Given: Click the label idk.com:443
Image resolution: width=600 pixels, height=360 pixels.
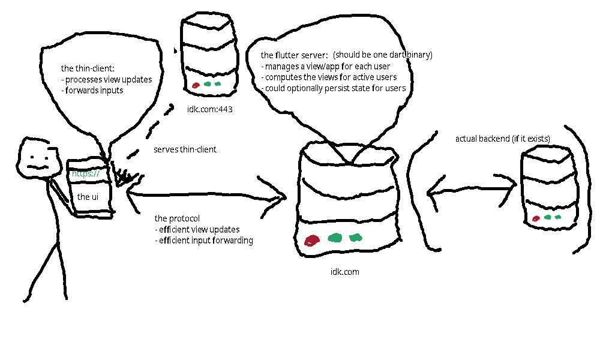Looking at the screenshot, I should pyautogui.click(x=209, y=109).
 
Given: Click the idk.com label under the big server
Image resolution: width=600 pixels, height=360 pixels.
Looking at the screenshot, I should pyautogui.click(x=344, y=272).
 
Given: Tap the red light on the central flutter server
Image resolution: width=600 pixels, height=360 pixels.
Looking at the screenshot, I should pyautogui.click(x=311, y=241).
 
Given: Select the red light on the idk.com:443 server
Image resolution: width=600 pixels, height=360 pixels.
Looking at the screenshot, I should pyautogui.click(x=196, y=86).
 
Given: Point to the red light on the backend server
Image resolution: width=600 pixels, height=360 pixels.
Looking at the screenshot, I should pyautogui.click(x=536, y=219).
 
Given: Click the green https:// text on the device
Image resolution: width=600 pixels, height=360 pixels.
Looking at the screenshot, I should pyautogui.click(x=85, y=174).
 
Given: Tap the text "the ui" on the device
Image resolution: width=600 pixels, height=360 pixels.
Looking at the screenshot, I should pyautogui.click(x=88, y=196).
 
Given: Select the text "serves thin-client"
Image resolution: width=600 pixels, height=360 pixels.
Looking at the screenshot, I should pyautogui.click(x=185, y=149).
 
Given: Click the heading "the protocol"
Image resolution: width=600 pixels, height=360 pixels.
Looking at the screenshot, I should pyautogui.click(x=177, y=218).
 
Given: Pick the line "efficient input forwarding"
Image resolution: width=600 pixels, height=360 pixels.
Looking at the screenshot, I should pyautogui.click(x=203, y=241).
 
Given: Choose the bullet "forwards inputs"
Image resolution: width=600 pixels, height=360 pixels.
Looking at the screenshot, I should pyautogui.click(x=94, y=90).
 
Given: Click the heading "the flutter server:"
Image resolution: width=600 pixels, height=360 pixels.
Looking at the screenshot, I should pyautogui.click(x=294, y=55).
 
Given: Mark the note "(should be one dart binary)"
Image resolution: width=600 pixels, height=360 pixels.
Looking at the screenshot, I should pyautogui.click(x=383, y=55).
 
